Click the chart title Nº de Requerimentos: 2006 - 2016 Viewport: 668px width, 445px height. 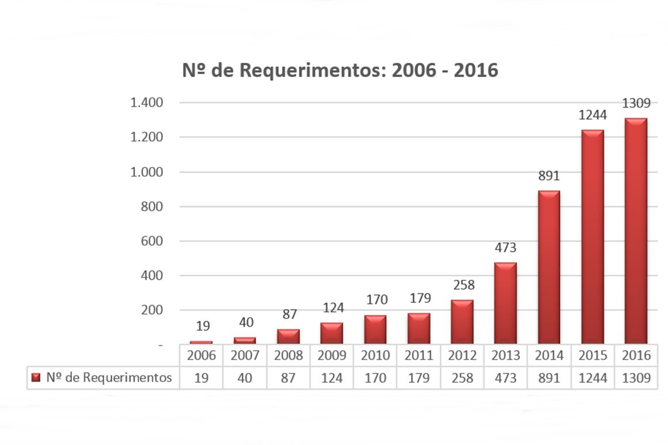pos(340,70)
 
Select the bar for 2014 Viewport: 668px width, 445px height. pos(549,267)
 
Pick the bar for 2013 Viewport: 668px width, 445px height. pos(506,303)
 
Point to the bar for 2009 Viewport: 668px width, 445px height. pos(332,333)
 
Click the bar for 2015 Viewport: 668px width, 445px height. pos(593,237)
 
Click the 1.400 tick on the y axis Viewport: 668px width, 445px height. pos(148,103)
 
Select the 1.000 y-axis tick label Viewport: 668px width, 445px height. pos(148,172)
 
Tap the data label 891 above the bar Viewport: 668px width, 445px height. pos(549,176)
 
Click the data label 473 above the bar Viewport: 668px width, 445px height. pos(506,248)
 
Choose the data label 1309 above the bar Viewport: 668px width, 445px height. pos(636,104)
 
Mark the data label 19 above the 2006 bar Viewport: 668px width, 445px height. pos(202,326)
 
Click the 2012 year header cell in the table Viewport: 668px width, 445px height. pos(462,356)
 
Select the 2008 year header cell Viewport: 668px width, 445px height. pos(289,356)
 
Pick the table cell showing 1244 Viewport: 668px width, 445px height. pos(593,378)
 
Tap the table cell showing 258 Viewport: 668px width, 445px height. pos(462,378)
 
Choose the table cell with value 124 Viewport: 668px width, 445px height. pos(332,378)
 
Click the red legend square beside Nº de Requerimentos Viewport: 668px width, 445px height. pos(36,378)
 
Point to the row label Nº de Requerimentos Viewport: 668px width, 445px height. pos(109,378)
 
